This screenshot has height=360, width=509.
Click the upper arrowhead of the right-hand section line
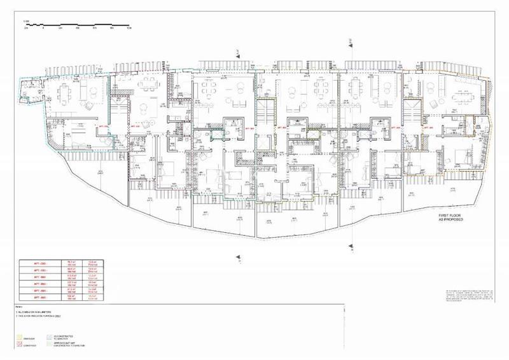tap(349, 43)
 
